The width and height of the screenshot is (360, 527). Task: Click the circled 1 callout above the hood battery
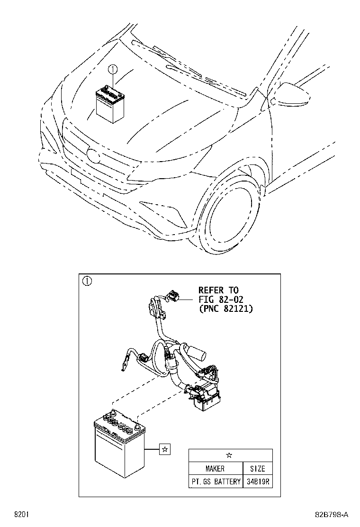(112, 70)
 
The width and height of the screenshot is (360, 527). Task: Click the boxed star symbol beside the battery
(164, 449)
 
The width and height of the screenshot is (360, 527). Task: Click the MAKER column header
(215, 469)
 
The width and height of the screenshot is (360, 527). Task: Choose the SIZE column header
(257, 469)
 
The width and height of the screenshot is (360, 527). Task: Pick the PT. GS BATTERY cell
(216, 482)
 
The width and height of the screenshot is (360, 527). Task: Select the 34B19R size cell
(258, 482)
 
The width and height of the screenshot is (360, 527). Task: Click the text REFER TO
(218, 290)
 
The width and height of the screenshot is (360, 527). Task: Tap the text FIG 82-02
(220, 299)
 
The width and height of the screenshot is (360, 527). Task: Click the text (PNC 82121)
(225, 309)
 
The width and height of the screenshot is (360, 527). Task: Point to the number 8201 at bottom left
(20, 514)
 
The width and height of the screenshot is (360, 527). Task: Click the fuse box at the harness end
(205, 395)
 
